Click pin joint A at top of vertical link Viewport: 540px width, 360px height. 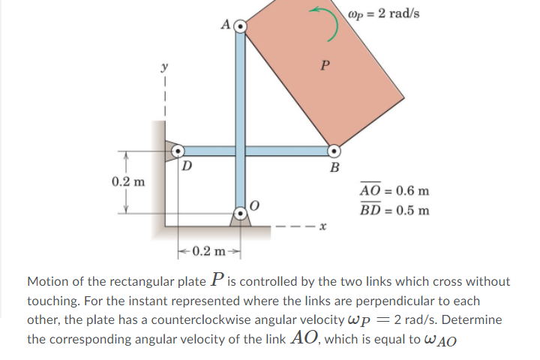pos(241,26)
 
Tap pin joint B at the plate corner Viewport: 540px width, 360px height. pos(334,151)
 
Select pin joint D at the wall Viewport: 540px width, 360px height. pos(178,151)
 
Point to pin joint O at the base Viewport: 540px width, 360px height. pos(241,214)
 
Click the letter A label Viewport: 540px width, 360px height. pos(226,25)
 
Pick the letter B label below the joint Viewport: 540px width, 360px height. pos(334,167)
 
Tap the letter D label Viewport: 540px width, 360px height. pos(187,166)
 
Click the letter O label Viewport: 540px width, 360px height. pos(253,205)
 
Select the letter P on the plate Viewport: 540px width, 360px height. pos(325,65)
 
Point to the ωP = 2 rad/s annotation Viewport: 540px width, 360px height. pos(384,14)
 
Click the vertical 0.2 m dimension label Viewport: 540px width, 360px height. pos(128,181)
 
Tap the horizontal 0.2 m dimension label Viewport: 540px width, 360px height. pos(208,250)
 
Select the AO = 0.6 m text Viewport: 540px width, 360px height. pos(394,190)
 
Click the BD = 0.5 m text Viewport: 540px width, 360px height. pos(394,209)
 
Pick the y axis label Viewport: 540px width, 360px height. pos(164,66)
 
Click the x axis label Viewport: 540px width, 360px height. pos(322,226)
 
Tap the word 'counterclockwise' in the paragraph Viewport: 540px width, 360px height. pos(247,320)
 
